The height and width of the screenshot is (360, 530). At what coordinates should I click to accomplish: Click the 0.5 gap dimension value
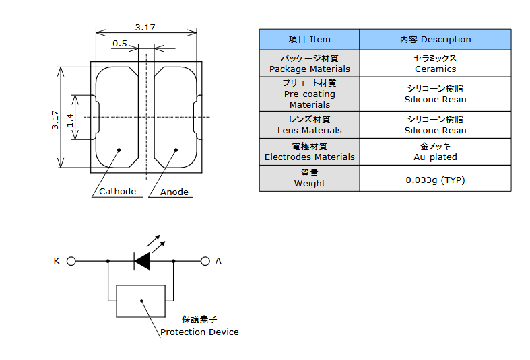coord(120,44)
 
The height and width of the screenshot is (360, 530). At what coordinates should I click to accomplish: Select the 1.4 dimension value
coord(70,120)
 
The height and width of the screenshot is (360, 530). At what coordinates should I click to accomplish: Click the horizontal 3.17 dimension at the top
coord(145,28)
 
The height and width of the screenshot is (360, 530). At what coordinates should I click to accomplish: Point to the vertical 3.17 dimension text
coord(55,120)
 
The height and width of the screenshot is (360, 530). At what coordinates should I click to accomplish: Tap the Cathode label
coord(117,192)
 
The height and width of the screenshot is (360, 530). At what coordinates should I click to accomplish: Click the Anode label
coord(174,192)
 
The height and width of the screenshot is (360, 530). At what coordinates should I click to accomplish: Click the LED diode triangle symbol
coord(142,261)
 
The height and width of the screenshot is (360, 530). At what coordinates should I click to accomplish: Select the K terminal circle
coord(71,261)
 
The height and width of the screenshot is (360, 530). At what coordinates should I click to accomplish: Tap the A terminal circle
coord(205,261)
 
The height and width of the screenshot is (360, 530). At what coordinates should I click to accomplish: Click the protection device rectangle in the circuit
coord(141,301)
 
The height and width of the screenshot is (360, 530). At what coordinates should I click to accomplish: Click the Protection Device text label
coord(199,332)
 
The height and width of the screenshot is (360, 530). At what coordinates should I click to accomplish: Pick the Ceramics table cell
coord(435,63)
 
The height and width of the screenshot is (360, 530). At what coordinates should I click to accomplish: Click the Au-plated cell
coord(435,151)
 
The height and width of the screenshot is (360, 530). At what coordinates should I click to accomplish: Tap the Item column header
coord(309,40)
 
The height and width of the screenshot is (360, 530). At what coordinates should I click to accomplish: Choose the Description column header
coord(435,40)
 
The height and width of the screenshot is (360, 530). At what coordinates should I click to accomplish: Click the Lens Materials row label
coord(309,124)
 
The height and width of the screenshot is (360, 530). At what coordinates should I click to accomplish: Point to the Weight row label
coord(310,178)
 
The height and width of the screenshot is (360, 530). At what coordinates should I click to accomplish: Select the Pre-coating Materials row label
coord(310,94)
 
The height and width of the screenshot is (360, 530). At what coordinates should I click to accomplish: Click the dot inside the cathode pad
coord(119,150)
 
